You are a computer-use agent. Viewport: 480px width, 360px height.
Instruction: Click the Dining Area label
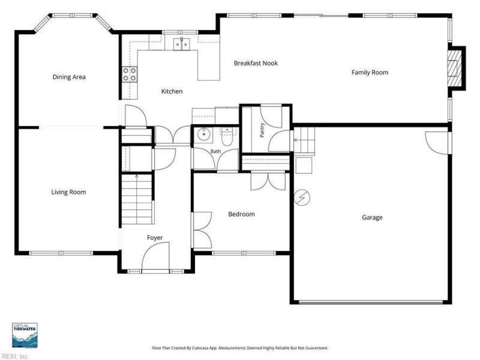[69, 77]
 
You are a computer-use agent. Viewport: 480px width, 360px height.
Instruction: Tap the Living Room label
[68, 192]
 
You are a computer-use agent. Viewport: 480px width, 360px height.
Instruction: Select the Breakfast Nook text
[256, 64]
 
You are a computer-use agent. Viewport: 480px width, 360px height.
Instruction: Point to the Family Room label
[370, 73]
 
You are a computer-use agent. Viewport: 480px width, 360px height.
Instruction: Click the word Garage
[372, 218]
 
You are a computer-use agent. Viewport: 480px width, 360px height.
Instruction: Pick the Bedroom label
[242, 214]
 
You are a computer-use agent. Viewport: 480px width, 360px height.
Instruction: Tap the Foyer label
[155, 238]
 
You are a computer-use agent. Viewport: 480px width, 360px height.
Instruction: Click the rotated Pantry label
[262, 130]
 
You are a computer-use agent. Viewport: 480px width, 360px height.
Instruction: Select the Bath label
[215, 151]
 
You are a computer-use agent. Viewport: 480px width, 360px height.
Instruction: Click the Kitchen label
[172, 91]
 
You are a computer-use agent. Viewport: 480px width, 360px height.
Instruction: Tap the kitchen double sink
[182, 44]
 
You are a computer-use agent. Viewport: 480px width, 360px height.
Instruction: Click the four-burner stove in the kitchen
[130, 74]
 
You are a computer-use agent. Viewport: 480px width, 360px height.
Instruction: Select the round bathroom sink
[203, 134]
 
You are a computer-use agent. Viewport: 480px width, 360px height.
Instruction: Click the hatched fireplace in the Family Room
[454, 68]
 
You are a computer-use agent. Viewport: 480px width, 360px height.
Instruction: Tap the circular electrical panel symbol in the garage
[302, 197]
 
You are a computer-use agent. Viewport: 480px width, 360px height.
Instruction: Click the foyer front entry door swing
[156, 256]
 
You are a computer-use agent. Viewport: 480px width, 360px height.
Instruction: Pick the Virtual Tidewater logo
[25, 335]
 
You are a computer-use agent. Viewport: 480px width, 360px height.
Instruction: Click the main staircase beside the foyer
[137, 199]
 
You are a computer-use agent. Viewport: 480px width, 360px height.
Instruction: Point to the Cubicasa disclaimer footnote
[240, 348]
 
